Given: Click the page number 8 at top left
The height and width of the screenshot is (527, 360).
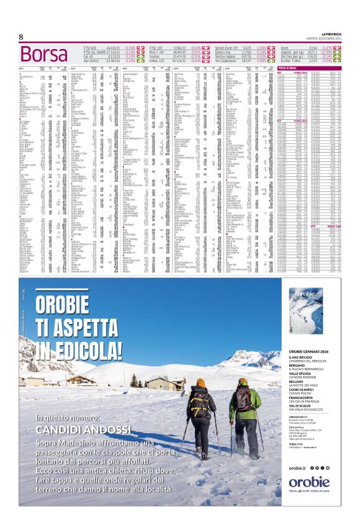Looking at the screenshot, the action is [21, 37].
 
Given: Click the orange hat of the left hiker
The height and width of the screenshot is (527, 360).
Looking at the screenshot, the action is [200, 383].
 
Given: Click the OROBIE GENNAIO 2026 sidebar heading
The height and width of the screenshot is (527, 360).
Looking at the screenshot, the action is [312, 352].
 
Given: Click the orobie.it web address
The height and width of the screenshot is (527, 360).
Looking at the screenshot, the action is [297, 467].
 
